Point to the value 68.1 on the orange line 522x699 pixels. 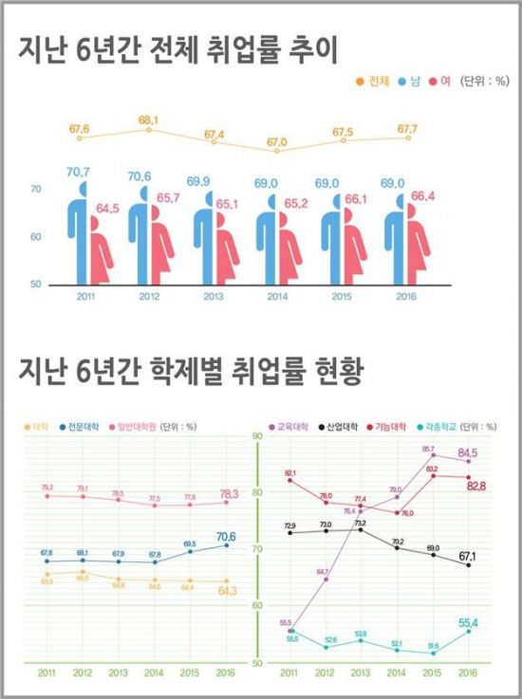pyautogui.click(x=148, y=120)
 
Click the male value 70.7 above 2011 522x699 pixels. pyautogui.click(x=78, y=172)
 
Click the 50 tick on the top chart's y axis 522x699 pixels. pyautogui.click(x=35, y=285)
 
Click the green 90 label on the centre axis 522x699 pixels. pyautogui.click(x=255, y=436)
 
